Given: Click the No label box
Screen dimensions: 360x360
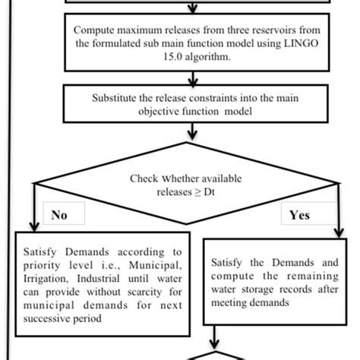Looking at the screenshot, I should click(x=60, y=215).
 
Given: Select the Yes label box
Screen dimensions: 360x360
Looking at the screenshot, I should click(x=299, y=215).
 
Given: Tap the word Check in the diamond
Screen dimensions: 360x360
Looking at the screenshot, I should click(x=144, y=178).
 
